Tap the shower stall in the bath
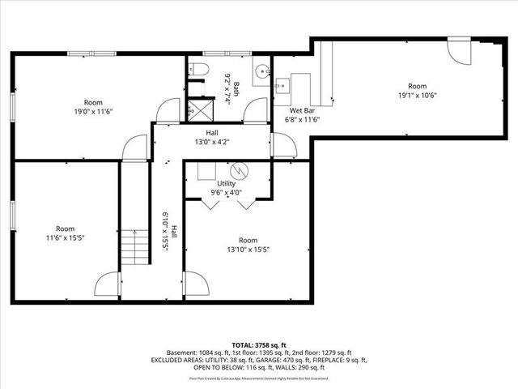click(x=197, y=108)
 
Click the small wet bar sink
click(x=282, y=82)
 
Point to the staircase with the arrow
click(x=135, y=247)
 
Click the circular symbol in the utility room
click(x=238, y=172)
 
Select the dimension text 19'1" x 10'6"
click(x=417, y=95)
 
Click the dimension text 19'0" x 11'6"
click(x=93, y=112)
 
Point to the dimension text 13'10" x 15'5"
click(x=248, y=250)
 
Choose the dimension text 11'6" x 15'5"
click(x=65, y=238)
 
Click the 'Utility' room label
click(x=226, y=184)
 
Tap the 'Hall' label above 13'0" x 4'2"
click(x=211, y=133)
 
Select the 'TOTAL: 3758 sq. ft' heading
click(x=259, y=344)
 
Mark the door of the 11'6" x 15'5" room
click(x=108, y=285)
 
